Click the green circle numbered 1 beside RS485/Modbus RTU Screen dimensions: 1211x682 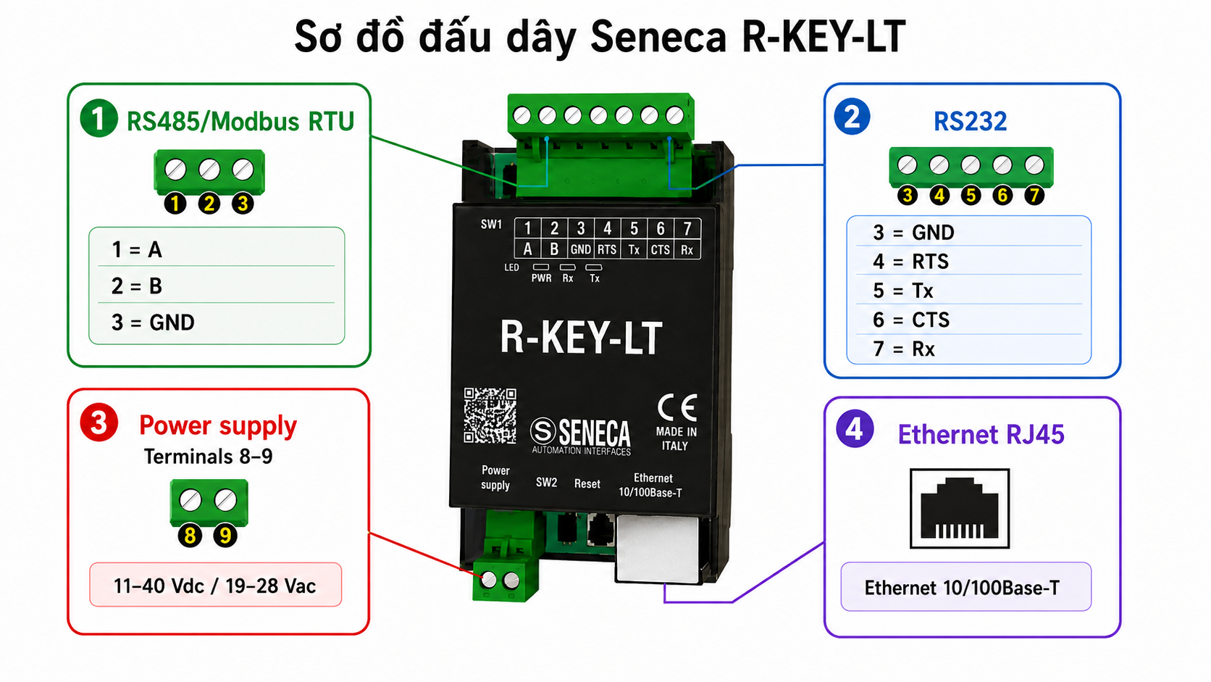pos(99,118)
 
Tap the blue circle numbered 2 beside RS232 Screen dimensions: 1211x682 pos(852,117)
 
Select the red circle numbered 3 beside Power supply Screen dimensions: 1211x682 pos(99,423)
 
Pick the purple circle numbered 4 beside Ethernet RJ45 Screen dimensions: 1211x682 pos(854,429)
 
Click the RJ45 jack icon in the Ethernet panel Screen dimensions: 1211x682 pos(960,508)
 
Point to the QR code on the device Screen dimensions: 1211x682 pos(490,415)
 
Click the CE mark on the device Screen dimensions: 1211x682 pos(677,408)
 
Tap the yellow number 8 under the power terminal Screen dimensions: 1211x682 pos(190,536)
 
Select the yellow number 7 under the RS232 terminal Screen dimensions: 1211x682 pos(1034,195)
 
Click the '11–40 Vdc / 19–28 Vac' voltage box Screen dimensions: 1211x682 pos(215,585)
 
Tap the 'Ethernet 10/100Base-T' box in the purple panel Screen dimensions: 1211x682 pos(965,587)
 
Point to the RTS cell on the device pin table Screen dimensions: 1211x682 pos(606,249)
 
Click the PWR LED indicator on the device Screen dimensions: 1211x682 pos(540,267)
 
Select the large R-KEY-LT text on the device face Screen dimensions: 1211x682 pos(581,337)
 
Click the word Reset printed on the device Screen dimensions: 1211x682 pos(587,483)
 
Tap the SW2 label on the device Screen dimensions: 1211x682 pos(546,482)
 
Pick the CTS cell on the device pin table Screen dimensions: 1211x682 pos(660,249)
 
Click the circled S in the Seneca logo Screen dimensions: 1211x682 pos(542,431)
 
